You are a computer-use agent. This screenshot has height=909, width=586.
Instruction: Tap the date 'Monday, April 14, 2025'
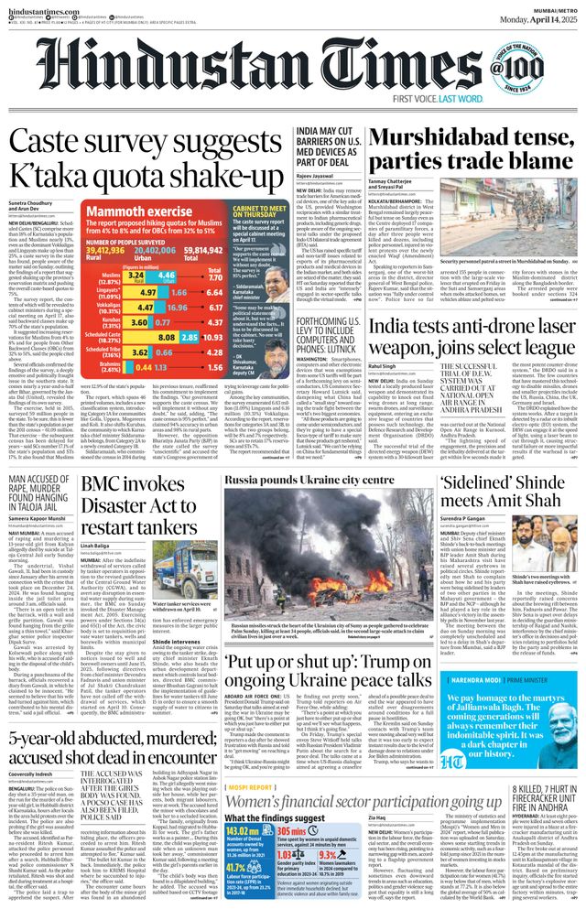[x=530, y=17]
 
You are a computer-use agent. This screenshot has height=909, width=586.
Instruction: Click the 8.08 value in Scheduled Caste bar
[x=168, y=337]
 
